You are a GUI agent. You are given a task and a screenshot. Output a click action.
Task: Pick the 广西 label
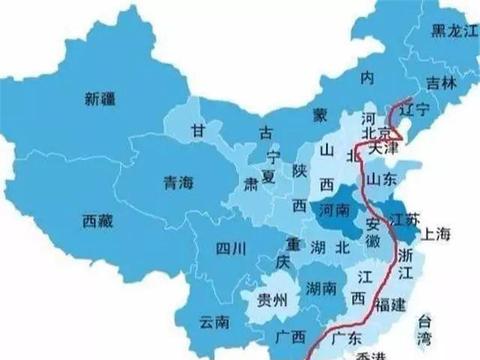click(293, 334)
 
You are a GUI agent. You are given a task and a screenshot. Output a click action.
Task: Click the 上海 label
click(437, 234)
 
